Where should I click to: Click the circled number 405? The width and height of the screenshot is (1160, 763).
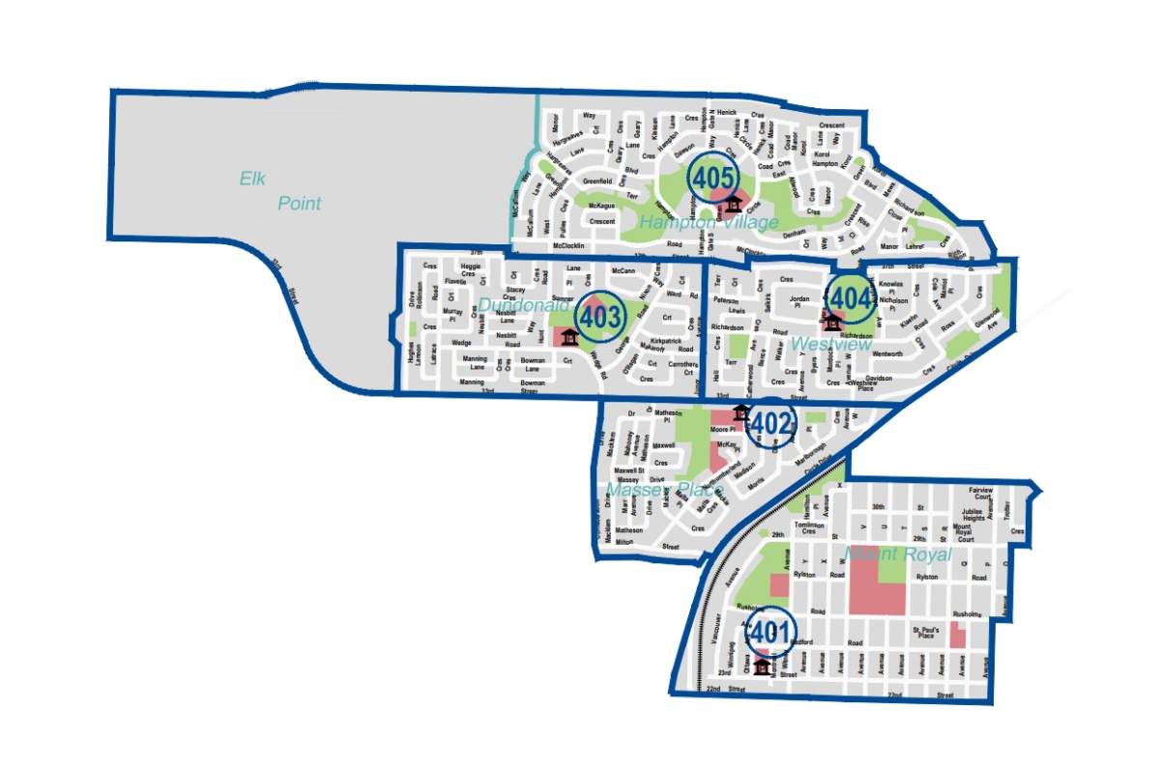(x=712, y=178)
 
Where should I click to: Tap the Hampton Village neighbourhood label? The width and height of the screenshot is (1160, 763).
(x=709, y=223)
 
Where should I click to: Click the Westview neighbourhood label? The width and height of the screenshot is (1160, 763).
(x=831, y=344)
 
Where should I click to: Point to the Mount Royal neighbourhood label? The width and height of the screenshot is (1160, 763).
(x=898, y=555)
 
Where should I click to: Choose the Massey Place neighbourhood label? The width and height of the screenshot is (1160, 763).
(x=663, y=490)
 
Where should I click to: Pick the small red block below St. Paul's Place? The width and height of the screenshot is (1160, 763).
(x=957, y=636)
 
